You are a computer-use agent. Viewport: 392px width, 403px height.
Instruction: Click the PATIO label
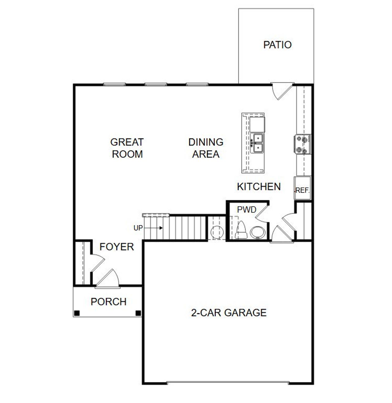click(277, 45)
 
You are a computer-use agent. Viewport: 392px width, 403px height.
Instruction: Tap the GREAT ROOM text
click(127, 148)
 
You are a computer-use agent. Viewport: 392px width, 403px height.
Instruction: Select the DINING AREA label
click(205, 148)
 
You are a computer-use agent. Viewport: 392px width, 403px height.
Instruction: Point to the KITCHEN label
click(259, 186)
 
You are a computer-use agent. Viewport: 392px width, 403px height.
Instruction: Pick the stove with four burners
click(302, 144)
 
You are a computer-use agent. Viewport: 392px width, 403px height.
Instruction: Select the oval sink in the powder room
click(258, 232)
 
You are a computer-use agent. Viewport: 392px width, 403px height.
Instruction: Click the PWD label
click(247, 210)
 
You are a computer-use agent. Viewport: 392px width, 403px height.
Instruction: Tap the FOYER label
click(117, 247)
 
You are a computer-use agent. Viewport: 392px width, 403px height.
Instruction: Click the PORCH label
click(108, 302)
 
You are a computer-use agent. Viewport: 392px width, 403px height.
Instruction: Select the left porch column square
click(77, 313)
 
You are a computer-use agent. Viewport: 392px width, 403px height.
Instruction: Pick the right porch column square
click(138, 313)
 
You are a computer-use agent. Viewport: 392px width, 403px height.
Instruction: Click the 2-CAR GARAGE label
click(228, 313)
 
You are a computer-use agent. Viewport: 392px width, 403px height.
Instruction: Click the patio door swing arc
click(282, 92)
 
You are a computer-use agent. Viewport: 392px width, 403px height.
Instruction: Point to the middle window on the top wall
click(156, 84)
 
